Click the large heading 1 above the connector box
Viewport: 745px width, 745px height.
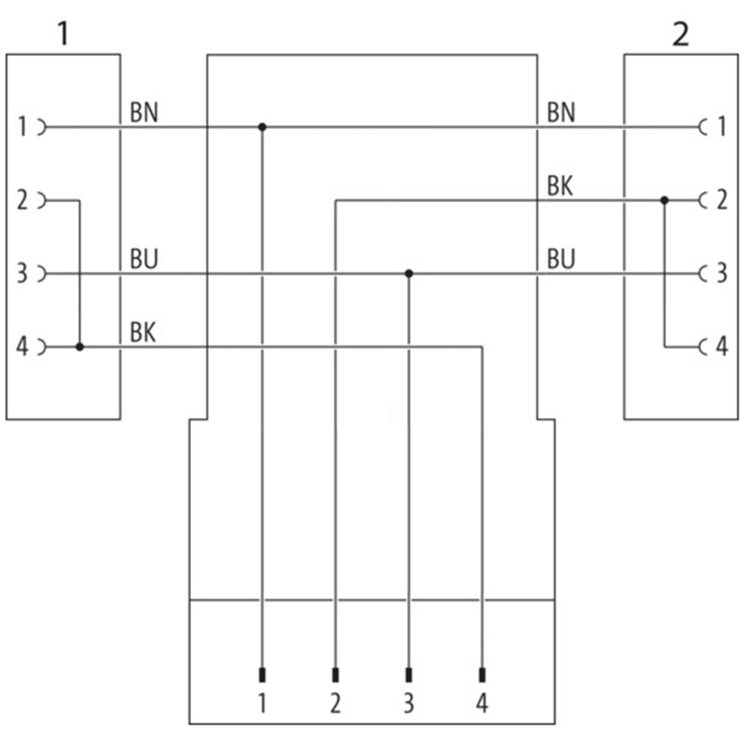62,34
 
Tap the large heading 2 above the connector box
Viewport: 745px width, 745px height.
681,34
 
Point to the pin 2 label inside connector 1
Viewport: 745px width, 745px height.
23,199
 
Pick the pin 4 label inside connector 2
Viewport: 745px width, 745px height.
721,347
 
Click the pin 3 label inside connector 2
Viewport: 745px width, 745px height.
721,274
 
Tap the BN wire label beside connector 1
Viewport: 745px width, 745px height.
143,113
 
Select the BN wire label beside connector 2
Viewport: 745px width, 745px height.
561,113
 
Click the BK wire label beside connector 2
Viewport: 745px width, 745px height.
560,186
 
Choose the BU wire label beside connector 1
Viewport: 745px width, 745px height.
143,259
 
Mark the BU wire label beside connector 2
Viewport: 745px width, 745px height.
561,259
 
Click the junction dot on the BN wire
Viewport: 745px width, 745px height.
262,127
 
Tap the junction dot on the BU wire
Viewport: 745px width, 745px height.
408,274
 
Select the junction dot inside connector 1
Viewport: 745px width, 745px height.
79,346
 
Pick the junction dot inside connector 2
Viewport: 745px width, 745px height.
664,200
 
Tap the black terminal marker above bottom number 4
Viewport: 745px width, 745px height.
481,674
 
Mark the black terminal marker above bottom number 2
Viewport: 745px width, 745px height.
335,674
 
